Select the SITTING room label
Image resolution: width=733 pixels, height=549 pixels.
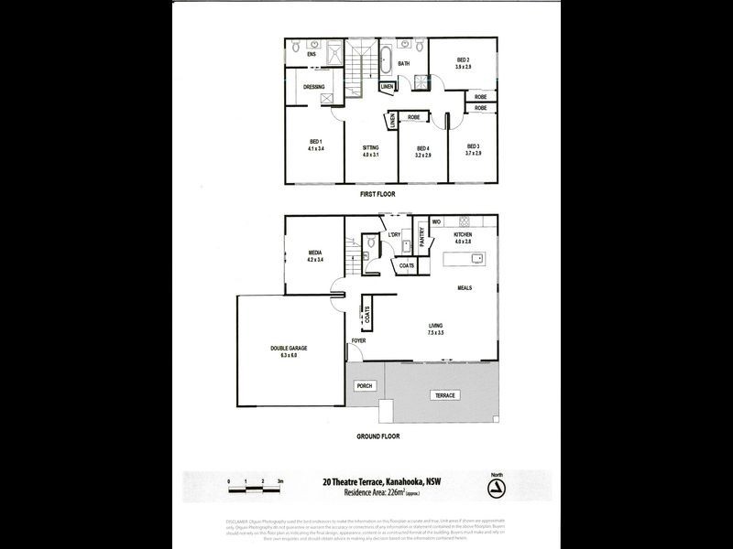tap(371, 147)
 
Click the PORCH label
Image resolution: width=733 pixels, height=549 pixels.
tap(366, 386)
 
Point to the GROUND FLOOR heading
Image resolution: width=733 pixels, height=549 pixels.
tap(377, 436)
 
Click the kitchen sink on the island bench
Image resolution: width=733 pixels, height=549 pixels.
tap(476, 259)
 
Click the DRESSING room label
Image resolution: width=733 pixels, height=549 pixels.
tap(314, 87)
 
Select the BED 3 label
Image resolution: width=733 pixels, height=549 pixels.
tap(473, 146)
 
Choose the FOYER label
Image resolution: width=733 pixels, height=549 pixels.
tap(358, 341)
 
